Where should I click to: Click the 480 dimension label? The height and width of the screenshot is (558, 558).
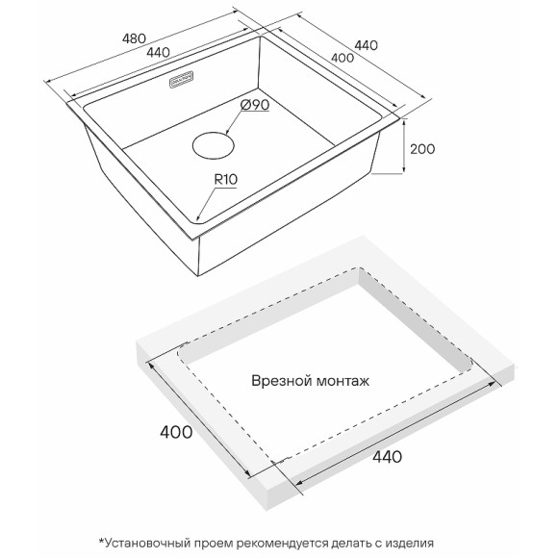134,38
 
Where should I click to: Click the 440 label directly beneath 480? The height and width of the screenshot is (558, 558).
158,53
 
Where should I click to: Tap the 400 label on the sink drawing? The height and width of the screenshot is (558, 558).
342,58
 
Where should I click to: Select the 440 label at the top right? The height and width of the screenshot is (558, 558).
366,45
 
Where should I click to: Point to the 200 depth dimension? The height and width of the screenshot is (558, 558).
422,149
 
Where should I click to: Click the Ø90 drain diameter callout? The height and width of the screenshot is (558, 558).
255,105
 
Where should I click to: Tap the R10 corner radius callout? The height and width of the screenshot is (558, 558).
226,179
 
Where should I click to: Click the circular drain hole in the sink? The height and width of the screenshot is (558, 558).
214,146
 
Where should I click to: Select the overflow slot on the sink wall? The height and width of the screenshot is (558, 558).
182,79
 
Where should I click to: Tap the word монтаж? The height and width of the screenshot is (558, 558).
343,382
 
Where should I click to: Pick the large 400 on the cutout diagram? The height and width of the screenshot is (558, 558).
176,432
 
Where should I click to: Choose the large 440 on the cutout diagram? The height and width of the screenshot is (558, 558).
387,457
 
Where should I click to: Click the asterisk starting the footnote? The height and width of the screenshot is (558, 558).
101,542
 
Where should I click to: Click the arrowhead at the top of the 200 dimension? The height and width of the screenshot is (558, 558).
404,123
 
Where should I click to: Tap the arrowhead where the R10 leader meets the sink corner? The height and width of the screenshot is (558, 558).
198,217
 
